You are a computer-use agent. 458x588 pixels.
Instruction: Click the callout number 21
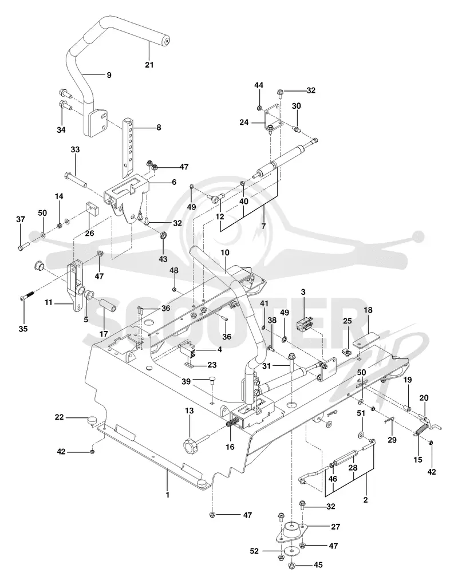point(149,65)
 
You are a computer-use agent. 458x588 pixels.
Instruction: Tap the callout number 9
point(109,75)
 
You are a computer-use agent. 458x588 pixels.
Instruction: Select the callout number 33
point(75,149)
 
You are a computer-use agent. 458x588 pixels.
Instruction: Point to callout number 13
point(189,411)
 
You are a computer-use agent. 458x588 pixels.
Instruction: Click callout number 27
point(335,527)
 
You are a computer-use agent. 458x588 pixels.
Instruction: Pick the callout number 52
point(254,551)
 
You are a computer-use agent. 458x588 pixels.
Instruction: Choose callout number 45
point(318,565)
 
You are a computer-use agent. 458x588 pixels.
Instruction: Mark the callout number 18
point(368,310)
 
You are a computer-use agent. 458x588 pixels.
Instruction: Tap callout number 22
point(60,417)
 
